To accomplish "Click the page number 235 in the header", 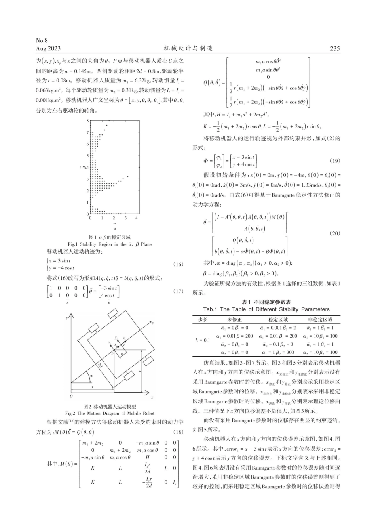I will (334, 48).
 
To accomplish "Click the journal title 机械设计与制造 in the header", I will (188, 48).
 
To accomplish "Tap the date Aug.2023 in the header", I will (48, 48).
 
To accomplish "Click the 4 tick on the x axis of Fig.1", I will (137, 218).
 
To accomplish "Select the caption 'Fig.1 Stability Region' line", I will (110, 244).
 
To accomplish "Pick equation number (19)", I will (334, 161).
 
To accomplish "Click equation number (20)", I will (334, 233).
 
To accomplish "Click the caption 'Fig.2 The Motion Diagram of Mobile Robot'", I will (110, 413).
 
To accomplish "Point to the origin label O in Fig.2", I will (72, 396).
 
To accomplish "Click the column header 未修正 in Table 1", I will (235, 319).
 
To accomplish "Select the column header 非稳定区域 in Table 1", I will (320, 319).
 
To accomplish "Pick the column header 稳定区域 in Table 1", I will (278, 319).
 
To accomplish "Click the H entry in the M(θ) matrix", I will (147, 457).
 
